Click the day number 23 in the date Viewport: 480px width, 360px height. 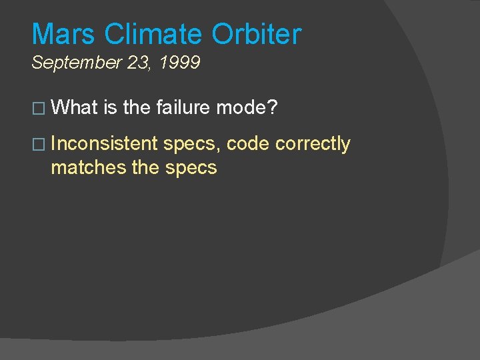point(132,63)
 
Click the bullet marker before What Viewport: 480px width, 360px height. point(37,107)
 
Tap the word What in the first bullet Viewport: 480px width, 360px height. point(74,107)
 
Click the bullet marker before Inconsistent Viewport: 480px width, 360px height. point(37,144)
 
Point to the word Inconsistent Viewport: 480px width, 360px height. point(104,143)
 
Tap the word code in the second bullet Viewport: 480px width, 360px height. point(248,143)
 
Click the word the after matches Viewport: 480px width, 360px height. point(145,167)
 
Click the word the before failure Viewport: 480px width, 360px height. point(137,107)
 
